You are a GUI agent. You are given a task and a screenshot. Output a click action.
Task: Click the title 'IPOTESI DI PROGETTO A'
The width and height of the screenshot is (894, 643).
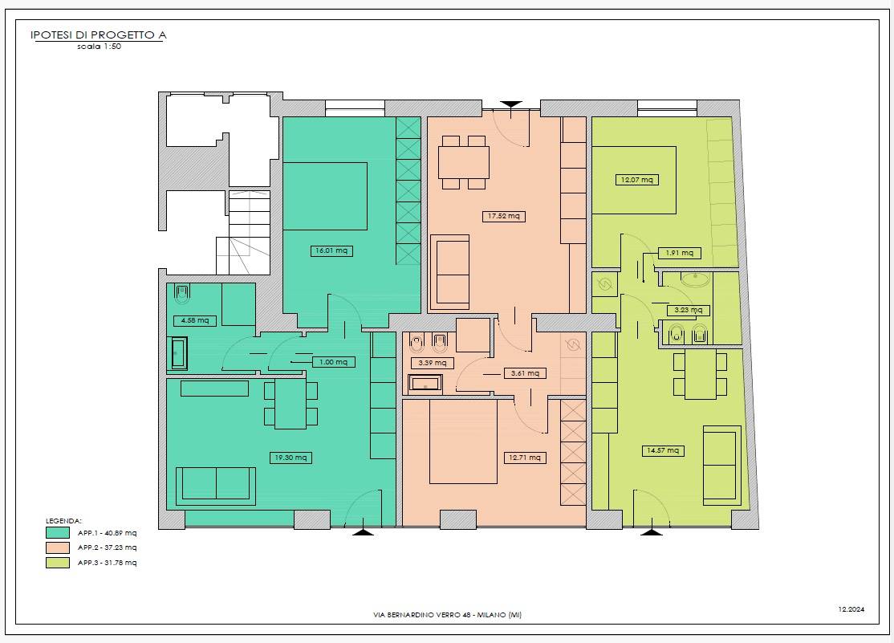click(x=98, y=35)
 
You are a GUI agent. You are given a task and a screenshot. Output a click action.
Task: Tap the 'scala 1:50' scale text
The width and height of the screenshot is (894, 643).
click(x=100, y=47)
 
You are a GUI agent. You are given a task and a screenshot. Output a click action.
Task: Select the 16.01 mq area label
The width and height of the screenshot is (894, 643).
click(x=331, y=250)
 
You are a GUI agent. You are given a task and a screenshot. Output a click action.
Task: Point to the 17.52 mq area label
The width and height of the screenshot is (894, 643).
click(x=503, y=216)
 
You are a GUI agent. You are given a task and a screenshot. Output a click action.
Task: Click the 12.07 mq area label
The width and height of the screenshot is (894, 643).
click(x=637, y=180)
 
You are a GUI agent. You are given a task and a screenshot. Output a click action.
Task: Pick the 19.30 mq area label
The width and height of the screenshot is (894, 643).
click(x=291, y=458)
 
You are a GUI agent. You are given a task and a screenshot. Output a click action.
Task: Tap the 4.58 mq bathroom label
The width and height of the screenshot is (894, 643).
click(x=195, y=320)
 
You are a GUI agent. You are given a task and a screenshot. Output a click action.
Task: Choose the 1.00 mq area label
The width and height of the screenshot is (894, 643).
click(x=334, y=362)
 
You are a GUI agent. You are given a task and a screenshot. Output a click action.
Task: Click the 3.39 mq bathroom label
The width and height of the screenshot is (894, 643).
click(x=433, y=363)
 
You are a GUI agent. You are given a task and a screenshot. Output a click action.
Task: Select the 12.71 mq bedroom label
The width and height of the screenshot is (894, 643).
click(x=525, y=458)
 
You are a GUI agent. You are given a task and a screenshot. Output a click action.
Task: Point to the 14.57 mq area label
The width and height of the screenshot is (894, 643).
click(x=663, y=450)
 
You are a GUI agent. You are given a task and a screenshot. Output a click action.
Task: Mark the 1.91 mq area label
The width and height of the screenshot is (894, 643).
click(x=679, y=253)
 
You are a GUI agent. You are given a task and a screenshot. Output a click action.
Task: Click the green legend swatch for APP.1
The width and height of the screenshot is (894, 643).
click(x=58, y=533)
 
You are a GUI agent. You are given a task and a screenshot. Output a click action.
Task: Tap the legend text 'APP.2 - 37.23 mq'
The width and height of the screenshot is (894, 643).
click(x=108, y=547)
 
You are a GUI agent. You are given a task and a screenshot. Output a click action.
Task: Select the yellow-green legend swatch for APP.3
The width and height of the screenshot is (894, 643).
click(x=58, y=563)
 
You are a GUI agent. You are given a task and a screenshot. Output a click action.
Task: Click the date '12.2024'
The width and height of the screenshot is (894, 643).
click(x=851, y=609)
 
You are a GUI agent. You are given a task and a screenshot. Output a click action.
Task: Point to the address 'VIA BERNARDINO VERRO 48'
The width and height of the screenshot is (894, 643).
click(x=422, y=615)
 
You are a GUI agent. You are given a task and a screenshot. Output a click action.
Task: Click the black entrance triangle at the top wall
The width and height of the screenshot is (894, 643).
click(x=511, y=105)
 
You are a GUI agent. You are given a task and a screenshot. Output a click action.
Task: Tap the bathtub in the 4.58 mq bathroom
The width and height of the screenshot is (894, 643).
click(x=180, y=353)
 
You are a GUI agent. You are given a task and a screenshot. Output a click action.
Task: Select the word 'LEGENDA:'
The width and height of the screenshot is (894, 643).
click(x=64, y=521)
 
